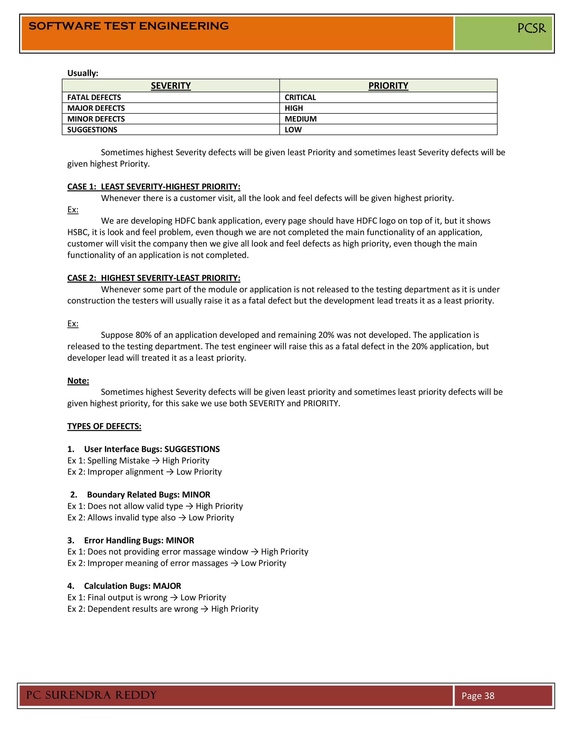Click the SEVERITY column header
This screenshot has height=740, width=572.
(x=171, y=86)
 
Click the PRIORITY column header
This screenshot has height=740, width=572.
(x=388, y=86)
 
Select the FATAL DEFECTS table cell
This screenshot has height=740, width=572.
(x=94, y=97)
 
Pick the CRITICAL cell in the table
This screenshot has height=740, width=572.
(x=300, y=97)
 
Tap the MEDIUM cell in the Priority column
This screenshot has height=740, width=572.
(x=301, y=119)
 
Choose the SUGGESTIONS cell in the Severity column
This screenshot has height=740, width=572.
(x=92, y=130)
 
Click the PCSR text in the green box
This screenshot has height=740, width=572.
(x=531, y=28)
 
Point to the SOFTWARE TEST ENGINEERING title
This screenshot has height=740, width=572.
(x=129, y=26)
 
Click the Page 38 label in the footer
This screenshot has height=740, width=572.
(x=478, y=696)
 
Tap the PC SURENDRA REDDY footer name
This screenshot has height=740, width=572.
(x=92, y=695)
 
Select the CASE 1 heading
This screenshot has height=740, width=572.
(x=154, y=187)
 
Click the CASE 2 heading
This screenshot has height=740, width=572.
(x=154, y=278)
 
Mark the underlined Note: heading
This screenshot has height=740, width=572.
(x=78, y=381)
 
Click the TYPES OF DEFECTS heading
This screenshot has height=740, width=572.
(x=104, y=426)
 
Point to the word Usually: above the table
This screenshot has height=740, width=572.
(x=83, y=73)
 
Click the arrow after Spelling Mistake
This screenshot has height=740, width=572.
(x=156, y=461)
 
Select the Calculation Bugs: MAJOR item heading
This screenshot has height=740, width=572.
(x=132, y=586)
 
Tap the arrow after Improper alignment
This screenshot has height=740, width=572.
(x=170, y=472)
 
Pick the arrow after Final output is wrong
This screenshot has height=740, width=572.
(x=174, y=598)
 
